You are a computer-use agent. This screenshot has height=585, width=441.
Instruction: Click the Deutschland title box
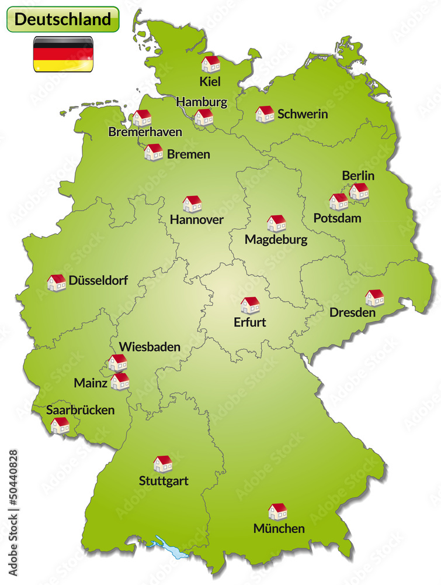(x=62, y=19)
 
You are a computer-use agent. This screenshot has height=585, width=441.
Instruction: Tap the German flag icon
(x=63, y=54)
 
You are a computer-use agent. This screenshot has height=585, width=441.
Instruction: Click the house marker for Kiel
(x=210, y=64)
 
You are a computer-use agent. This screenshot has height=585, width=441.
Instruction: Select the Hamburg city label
(x=202, y=102)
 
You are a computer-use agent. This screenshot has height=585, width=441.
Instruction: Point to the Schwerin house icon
(x=265, y=113)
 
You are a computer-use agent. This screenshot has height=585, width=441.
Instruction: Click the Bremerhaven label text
(x=145, y=132)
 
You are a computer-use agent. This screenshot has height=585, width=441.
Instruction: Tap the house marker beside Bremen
(x=154, y=152)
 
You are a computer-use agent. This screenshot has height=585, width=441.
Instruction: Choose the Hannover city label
(x=197, y=220)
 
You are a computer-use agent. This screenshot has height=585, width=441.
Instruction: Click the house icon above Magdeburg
(x=276, y=223)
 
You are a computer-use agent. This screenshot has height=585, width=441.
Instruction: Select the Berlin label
(x=358, y=175)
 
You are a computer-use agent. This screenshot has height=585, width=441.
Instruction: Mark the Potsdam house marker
(x=338, y=201)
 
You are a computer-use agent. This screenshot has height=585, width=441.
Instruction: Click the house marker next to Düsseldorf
(x=57, y=283)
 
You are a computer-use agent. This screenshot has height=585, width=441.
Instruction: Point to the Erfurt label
(x=249, y=322)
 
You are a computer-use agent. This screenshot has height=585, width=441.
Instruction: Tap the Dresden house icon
(x=374, y=298)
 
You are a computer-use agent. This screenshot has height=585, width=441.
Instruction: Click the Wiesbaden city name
(x=150, y=347)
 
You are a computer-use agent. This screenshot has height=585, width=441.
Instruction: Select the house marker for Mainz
(x=120, y=381)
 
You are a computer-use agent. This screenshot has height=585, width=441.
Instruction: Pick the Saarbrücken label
(x=81, y=410)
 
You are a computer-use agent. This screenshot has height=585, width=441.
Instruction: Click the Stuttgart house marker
(x=163, y=464)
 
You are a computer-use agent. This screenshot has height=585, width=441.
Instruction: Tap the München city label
(x=279, y=529)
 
